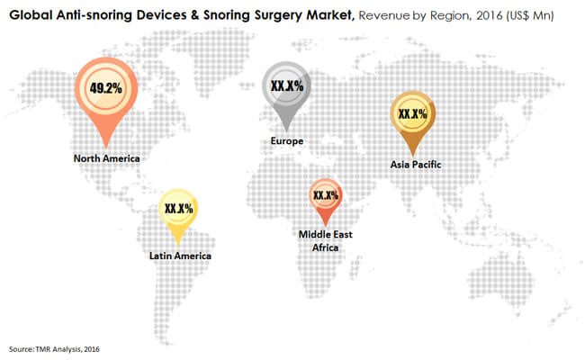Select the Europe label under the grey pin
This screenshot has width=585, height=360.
pyautogui.click(x=286, y=141)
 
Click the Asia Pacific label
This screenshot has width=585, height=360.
pyautogui.click(x=416, y=165)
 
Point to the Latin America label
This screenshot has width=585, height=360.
pyautogui.click(x=180, y=256)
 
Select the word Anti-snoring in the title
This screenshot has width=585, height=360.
pyautogui.click(x=96, y=15)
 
